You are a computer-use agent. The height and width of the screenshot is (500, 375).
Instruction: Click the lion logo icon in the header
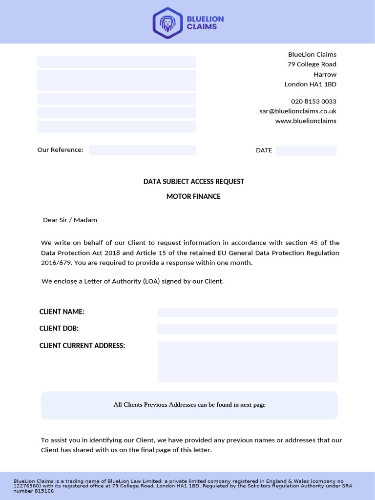(x=167, y=22)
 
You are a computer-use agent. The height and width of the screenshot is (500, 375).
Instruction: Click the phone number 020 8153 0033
(x=313, y=102)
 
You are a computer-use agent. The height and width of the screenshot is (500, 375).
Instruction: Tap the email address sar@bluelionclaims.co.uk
(x=298, y=111)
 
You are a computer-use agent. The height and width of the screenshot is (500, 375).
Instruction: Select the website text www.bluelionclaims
(x=306, y=121)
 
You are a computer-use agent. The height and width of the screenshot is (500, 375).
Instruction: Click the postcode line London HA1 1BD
(x=311, y=84)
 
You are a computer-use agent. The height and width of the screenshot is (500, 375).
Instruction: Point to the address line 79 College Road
(x=312, y=64)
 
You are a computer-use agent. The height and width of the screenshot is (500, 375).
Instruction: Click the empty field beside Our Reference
(x=143, y=150)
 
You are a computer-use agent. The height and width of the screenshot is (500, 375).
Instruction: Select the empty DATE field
(x=306, y=151)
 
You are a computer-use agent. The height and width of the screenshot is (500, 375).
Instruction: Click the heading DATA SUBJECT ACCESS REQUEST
(x=194, y=182)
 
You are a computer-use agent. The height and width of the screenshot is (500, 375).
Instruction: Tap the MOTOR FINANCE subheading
(x=193, y=196)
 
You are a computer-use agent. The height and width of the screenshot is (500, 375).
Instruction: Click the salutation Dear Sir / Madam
(x=70, y=220)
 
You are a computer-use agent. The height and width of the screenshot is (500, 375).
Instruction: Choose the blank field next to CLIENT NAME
(x=248, y=312)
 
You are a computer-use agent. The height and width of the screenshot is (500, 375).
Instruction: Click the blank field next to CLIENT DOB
(x=247, y=329)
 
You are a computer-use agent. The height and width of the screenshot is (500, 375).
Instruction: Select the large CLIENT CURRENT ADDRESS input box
(x=248, y=361)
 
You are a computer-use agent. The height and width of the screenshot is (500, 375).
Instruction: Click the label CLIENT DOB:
(x=59, y=329)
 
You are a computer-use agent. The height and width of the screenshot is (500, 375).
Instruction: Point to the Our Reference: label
(x=61, y=150)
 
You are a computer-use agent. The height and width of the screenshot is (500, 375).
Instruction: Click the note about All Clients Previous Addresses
(x=189, y=405)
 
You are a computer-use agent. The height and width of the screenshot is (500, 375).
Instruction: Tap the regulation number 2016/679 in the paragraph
(x=56, y=263)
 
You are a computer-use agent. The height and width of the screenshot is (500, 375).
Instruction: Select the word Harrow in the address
(x=325, y=75)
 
